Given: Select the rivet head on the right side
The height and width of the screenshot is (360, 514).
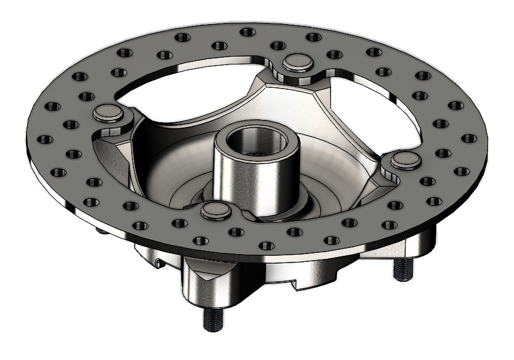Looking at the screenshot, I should click(x=406, y=160).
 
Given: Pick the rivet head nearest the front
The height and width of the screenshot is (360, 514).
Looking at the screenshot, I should click(x=215, y=209).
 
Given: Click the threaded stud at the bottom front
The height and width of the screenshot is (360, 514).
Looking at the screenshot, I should click(x=212, y=319).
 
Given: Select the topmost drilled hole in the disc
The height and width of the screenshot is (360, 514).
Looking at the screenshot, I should click(x=246, y=32).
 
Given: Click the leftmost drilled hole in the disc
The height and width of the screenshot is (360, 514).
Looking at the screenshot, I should click(x=45, y=139).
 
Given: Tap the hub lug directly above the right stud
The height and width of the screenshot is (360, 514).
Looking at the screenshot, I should click(x=415, y=244).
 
